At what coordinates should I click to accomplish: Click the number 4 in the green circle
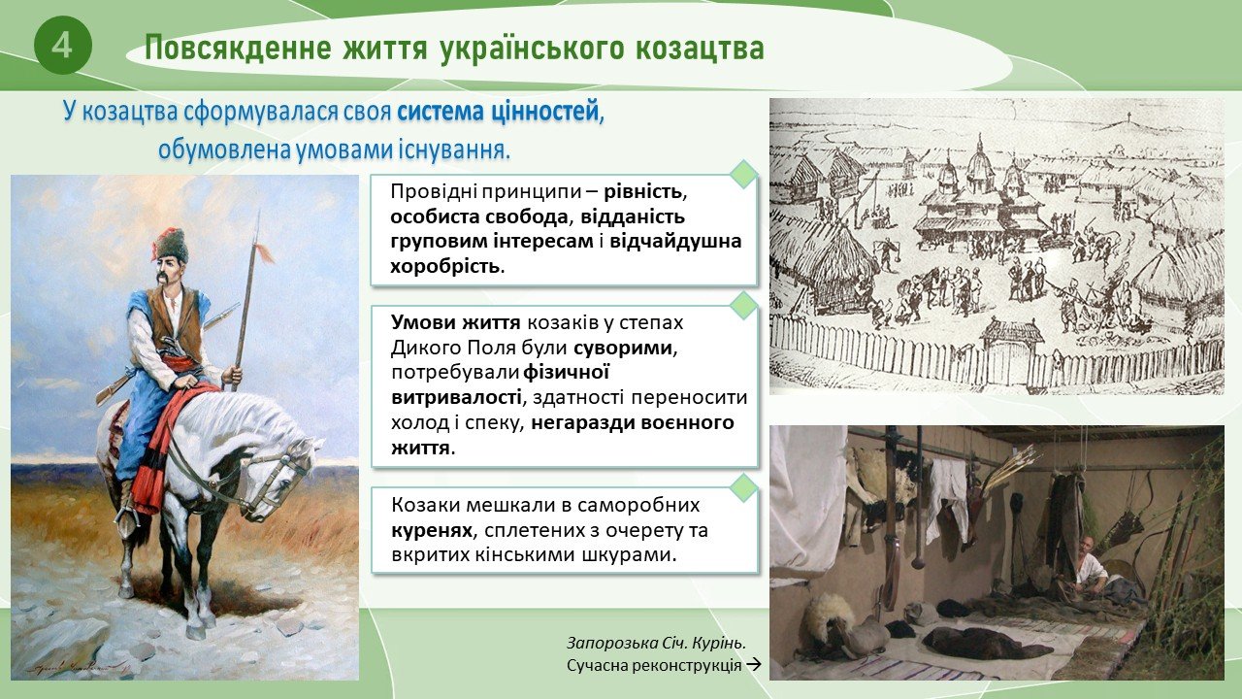[x=61, y=46]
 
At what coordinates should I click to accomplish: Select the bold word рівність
[x=642, y=192]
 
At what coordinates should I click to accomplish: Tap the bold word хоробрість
[x=444, y=266]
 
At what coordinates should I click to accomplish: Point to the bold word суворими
[x=623, y=349]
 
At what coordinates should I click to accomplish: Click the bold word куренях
[x=432, y=530]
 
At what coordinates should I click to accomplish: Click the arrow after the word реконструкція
[x=754, y=665]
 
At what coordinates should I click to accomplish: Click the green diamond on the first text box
[x=743, y=174]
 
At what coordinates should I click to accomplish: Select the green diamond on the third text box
[x=743, y=487]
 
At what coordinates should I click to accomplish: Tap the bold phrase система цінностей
[x=498, y=112]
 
